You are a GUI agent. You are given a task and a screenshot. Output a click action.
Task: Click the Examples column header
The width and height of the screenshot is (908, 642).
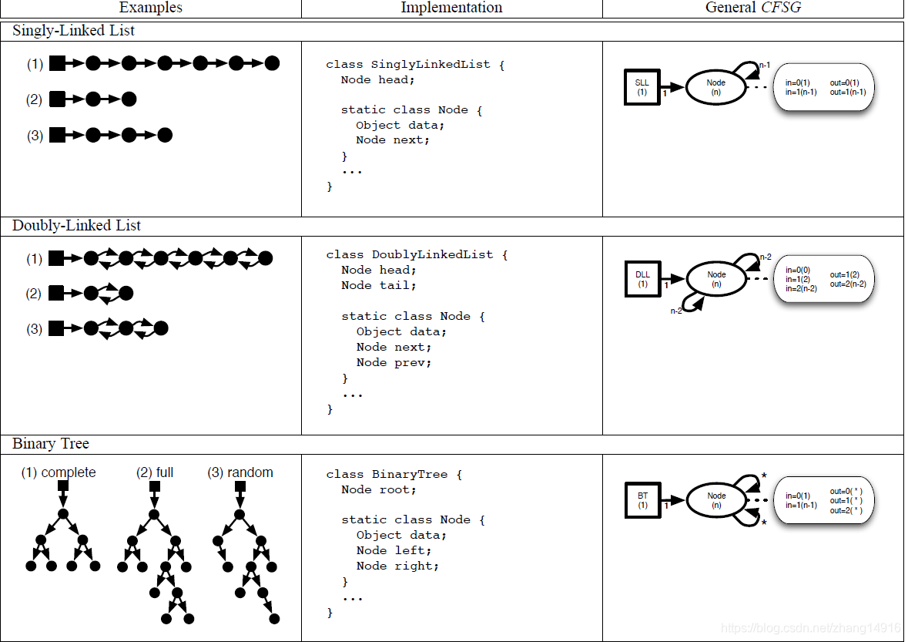(x=151, y=8)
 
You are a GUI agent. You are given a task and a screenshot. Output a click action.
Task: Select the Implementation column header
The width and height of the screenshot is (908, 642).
(x=451, y=8)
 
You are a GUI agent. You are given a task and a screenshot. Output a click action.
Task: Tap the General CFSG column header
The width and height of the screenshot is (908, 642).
(x=752, y=8)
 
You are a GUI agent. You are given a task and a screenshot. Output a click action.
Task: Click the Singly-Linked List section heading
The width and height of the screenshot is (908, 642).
(x=74, y=31)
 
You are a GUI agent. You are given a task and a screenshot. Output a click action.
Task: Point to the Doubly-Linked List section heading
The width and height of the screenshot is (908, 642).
(x=77, y=226)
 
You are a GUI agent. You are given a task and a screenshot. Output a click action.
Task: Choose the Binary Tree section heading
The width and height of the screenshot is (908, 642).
(x=51, y=444)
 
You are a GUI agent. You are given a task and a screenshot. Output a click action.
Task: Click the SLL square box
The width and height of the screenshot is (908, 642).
(x=642, y=87)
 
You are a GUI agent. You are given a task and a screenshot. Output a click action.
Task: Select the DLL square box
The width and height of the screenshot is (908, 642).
(x=642, y=279)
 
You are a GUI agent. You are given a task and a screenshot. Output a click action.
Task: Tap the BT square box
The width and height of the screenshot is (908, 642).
(x=642, y=500)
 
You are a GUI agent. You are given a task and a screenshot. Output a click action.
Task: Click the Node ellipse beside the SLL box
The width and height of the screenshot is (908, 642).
(x=716, y=87)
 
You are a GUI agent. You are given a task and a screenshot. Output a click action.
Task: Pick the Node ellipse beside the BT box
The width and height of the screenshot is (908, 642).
(x=716, y=500)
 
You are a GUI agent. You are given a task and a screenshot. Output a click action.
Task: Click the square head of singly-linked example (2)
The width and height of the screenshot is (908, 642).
(x=57, y=99)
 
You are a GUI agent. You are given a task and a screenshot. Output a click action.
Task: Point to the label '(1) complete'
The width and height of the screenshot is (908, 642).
(x=59, y=472)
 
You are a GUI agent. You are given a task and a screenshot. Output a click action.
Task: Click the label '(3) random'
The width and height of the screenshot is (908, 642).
(x=240, y=472)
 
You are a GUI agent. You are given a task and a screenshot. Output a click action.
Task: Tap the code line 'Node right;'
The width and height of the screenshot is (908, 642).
(x=397, y=566)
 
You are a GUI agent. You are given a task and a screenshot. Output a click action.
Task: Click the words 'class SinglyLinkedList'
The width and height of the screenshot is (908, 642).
(x=407, y=65)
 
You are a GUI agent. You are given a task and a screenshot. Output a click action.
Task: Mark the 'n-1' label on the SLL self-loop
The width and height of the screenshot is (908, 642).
(x=765, y=66)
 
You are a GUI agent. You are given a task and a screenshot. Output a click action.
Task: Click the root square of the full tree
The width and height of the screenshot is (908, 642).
(x=154, y=486)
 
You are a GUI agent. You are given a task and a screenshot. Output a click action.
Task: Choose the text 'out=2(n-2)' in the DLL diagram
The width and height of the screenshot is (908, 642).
(x=848, y=284)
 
